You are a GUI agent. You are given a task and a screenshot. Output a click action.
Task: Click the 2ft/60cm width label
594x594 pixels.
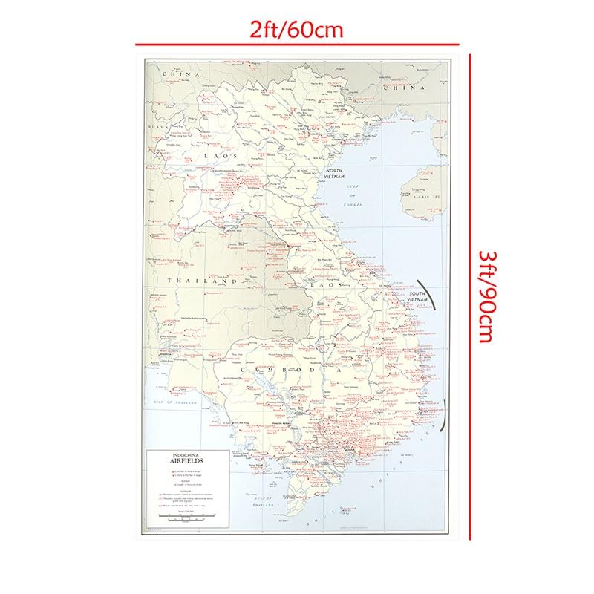(x=297, y=30)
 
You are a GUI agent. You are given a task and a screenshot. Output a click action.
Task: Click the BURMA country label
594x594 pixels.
(x=161, y=128)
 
